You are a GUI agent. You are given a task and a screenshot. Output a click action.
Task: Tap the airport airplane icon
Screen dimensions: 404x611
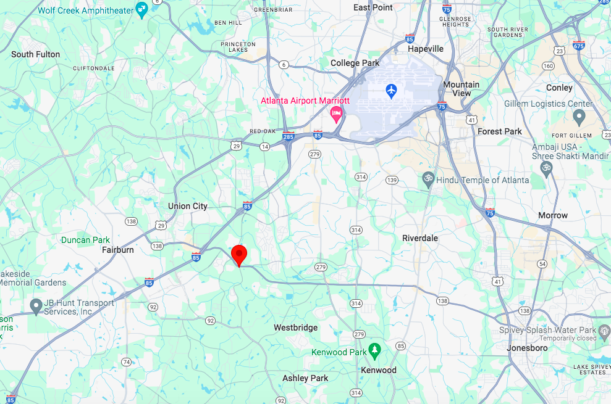390,91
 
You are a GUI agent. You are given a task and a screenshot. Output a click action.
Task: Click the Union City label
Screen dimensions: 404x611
188,206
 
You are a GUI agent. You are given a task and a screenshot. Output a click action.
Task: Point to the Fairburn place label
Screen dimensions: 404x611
117,250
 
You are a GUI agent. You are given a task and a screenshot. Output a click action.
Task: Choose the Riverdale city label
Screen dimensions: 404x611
420,238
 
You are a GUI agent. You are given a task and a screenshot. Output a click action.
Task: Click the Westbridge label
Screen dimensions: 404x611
296,328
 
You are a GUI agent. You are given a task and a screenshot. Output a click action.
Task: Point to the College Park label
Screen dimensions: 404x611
355,63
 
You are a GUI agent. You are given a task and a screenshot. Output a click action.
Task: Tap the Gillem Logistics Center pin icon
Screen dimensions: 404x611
579,116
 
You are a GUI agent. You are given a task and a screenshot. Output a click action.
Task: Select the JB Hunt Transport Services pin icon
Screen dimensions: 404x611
36,305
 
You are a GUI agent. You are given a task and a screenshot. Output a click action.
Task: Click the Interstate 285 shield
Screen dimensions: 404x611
288,136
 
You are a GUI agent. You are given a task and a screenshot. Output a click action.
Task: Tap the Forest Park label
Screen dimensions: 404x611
500,131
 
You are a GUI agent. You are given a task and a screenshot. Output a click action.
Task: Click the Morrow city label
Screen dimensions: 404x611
553,215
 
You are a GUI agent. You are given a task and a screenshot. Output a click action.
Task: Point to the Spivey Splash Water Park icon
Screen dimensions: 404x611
605,331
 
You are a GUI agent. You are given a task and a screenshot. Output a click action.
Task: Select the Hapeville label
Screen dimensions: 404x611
426,49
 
